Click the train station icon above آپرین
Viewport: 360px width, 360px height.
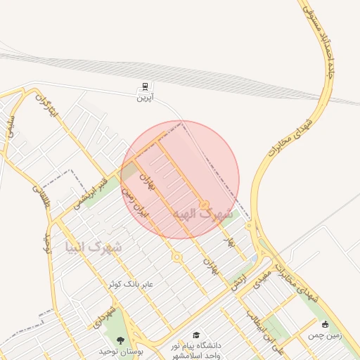pyautogui.click(x=144, y=86)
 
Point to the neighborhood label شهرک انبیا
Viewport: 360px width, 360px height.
pyautogui.click(x=92, y=247)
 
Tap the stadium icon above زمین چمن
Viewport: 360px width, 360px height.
pyautogui.click(x=325, y=324)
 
